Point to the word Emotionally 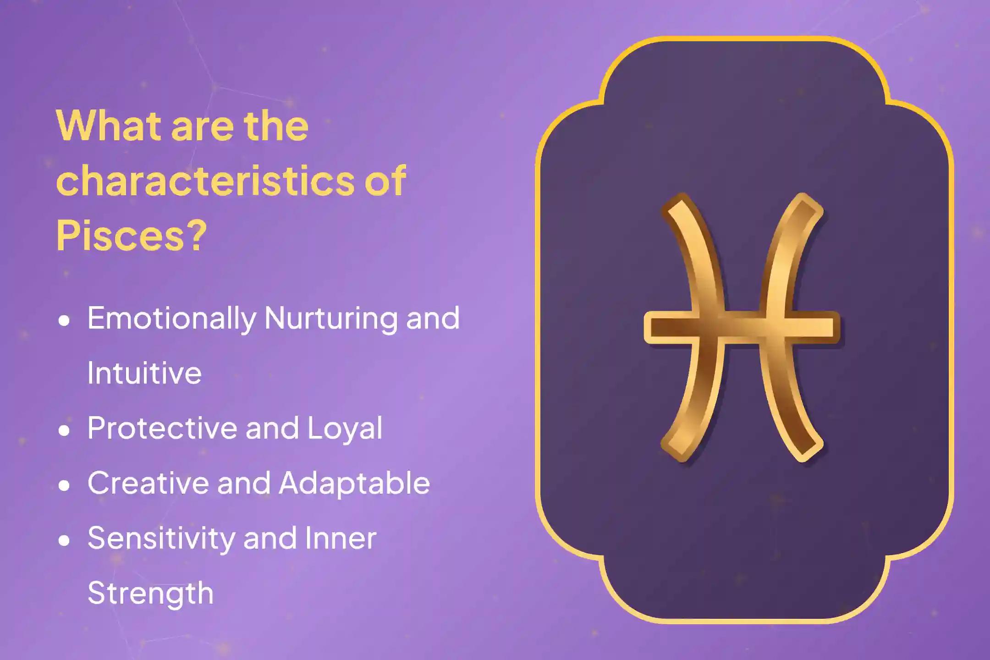coord(172,319)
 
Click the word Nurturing coord(331,319)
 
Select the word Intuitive coord(144,373)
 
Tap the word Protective coord(163,428)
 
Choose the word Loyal coord(345,428)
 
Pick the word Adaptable coord(354,483)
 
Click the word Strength coord(150,593)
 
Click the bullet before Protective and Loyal coord(64,430)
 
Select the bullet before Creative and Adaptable coord(64,485)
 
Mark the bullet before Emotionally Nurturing coord(64,320)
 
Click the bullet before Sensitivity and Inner coord(64,540)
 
